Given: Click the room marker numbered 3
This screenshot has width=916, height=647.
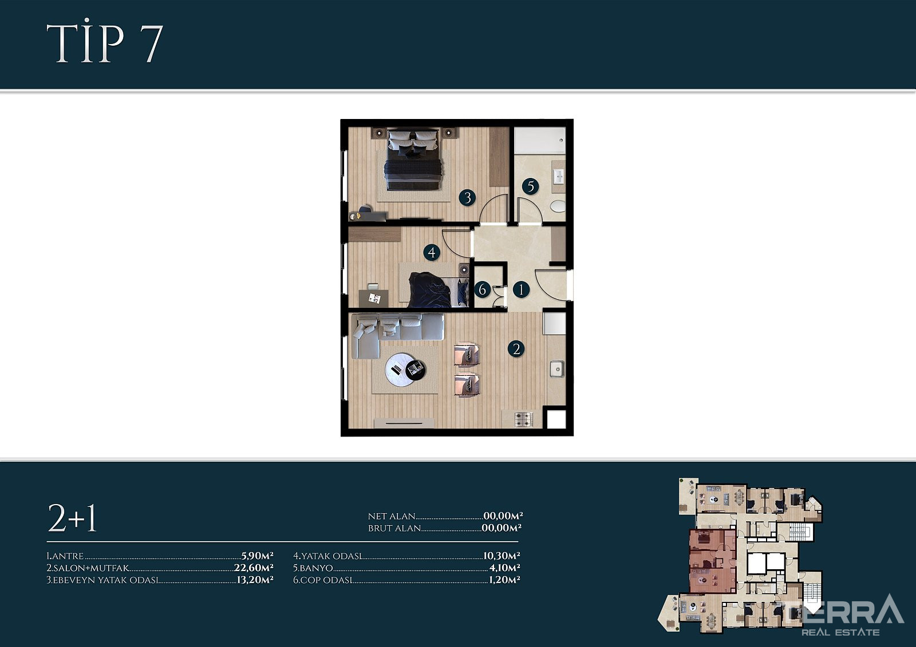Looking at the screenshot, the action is tap(467, 198).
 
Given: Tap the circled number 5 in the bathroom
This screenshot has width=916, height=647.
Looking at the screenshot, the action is tap(530, 186).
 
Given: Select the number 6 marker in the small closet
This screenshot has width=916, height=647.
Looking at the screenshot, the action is tap(483, 289).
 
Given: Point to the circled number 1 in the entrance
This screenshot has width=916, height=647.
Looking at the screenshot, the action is tap(521, 290).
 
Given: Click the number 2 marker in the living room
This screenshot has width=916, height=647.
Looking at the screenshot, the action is tap(516, 348).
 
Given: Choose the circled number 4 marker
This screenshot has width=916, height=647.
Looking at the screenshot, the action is tap(432, 252).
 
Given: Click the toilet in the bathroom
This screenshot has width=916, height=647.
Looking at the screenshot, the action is tap(558, 206).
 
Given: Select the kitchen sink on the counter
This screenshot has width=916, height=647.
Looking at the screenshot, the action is tap(557, 368).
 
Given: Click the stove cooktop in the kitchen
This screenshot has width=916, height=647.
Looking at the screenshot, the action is tap(524, 419).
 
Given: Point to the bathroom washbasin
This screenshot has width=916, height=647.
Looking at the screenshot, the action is tap(558, 177).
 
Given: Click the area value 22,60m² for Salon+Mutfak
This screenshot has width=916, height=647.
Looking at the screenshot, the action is tap(254, 567).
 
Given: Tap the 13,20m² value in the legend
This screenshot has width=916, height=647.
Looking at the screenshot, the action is tap(255, 579).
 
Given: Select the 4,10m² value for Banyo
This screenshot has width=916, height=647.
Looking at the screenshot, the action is tap(504, 567).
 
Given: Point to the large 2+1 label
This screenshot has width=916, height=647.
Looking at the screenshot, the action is tap(72, 518).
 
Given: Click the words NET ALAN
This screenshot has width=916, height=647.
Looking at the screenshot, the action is tap(392, 516).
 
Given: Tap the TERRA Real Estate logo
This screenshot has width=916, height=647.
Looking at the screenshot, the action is tap(844, 616).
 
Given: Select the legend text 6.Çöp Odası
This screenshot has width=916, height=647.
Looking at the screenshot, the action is tap(323, 579).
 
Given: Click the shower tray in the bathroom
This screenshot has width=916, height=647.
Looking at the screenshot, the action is tap(540, 140).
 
